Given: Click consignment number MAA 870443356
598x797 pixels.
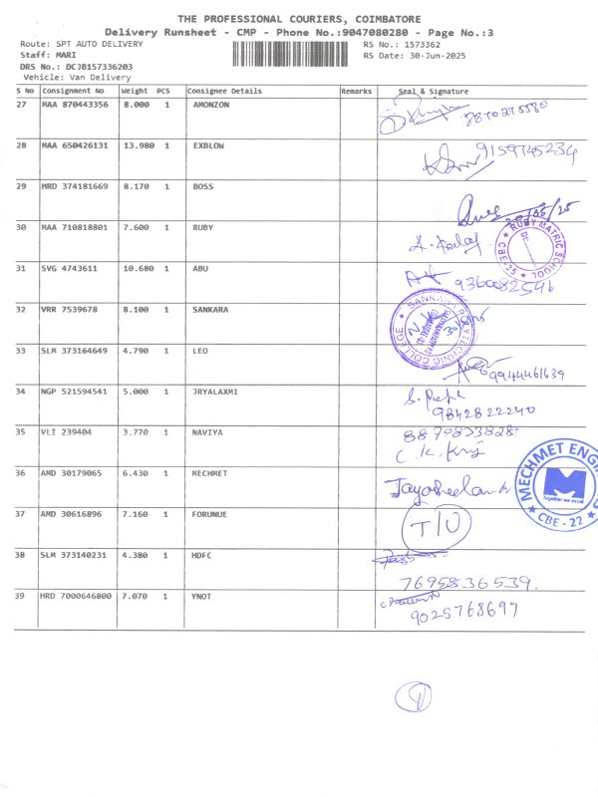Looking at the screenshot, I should pyautogui.click(x=75, y=105).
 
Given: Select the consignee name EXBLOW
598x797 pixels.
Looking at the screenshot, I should pyautogui.click(x=207, y=145).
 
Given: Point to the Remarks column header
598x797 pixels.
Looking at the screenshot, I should pyautogui.click(x=356, y=91).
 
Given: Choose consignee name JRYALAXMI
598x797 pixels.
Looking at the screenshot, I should pyautogui.click(x=213, y=392).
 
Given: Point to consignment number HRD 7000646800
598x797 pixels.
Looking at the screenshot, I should pyautogui.click(x=76, y=596).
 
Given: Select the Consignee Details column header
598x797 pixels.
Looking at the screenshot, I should pyautogui.click(x=225, y=91).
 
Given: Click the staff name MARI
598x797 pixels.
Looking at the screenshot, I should pyautogui.click(x=68, y=55).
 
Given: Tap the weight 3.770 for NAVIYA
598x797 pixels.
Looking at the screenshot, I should pyautogui.click(x=135, y=432).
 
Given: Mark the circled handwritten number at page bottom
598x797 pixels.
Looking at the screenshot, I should pyautogui.click(x=411, y=696).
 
